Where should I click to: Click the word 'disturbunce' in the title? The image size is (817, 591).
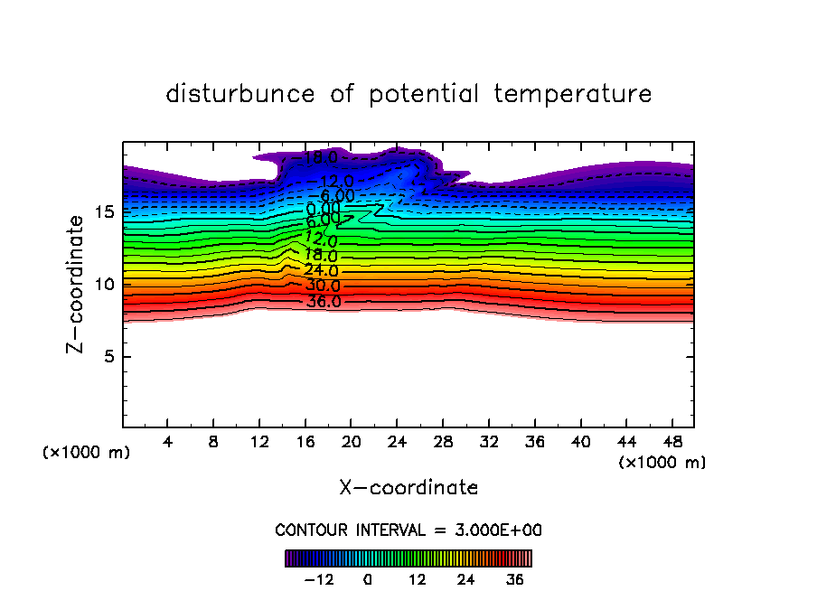point(240,94)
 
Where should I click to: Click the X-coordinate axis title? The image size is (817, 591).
point(408,488)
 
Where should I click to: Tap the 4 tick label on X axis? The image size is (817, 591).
point(168,443)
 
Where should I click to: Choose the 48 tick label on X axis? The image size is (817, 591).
point(671,443)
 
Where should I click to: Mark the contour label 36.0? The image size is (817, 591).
point(324,302)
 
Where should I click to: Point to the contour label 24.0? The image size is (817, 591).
point(321,270)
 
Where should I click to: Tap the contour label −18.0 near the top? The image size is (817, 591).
point(318,159)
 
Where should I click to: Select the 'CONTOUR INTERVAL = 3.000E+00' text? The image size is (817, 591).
point(408,530)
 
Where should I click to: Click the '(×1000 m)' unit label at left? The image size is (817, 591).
point(87,453)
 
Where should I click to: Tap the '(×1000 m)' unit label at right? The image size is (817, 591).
point(662,463)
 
